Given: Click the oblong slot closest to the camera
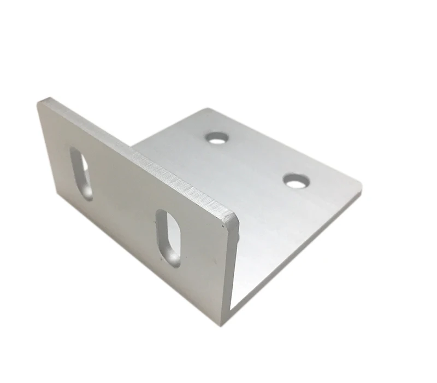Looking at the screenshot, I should coord(168,237).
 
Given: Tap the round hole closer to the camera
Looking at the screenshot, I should coord(296,181).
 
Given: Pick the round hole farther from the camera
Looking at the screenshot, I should coord(217,137).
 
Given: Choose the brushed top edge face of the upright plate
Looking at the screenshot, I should coord(142,156).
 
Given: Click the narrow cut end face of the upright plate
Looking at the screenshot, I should coord(233,268).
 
